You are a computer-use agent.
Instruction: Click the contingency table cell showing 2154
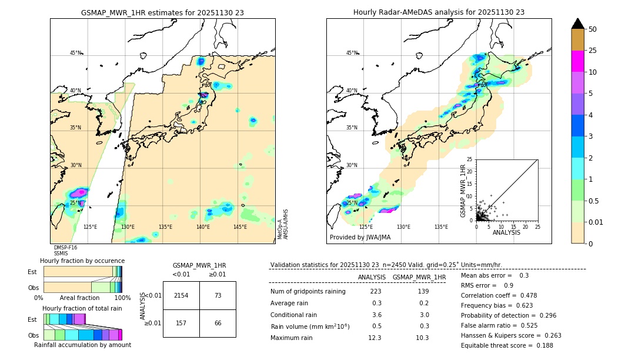point(181,295)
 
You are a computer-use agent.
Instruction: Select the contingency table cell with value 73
point(218,295)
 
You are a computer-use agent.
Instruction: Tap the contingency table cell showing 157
point(181,323)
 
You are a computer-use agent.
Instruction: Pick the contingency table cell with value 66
point(218,323)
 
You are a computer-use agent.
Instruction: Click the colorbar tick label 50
point(593,29)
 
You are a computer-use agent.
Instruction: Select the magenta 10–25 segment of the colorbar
point(577,61)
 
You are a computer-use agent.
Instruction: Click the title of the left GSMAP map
point(162,12)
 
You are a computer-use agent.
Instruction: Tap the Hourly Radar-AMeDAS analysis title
point(439,12)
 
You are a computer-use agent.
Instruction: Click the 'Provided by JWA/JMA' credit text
point(360,237)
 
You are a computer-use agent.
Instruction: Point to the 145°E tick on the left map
point(240,227)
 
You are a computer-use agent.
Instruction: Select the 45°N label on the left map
point(76,53)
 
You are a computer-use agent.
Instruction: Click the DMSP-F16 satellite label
point(65,248)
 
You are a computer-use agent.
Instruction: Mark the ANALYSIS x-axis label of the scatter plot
point(506,232)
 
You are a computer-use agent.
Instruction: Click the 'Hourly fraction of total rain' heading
point(82,308)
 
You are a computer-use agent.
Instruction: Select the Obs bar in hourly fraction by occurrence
point(82,287)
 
